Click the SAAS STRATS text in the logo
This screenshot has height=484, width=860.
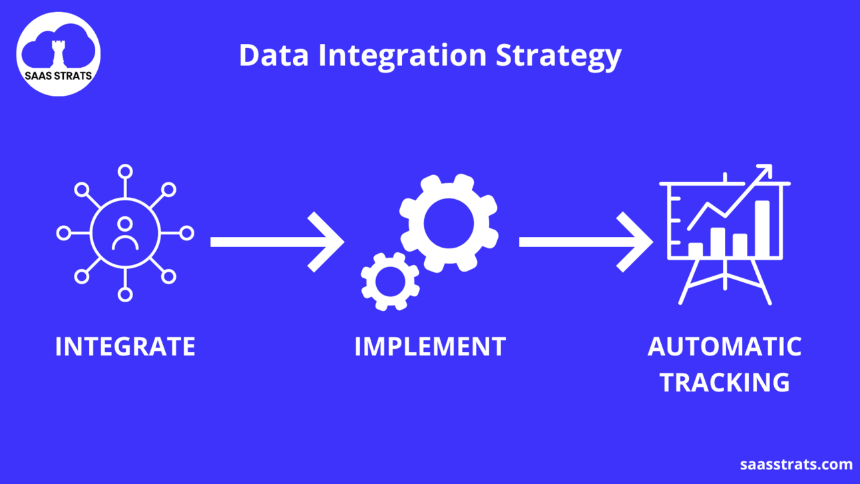[59, 76]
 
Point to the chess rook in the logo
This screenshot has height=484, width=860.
[59, 53]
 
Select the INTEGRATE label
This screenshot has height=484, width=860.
[125, 347]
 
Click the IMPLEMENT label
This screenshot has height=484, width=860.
[430, 347]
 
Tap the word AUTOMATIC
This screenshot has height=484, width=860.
[724, 347]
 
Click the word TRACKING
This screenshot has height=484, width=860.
[724, 383]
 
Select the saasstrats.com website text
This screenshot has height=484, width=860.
[796, 464]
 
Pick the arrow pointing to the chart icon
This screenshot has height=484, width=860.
[586, 242]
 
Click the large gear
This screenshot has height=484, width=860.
[449, 223]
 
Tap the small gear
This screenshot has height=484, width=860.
[390, 281]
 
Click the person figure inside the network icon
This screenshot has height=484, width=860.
[125, 234]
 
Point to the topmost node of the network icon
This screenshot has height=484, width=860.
[125, 172]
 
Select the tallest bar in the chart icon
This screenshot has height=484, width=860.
[762, 228]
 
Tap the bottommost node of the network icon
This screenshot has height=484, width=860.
[125, 294]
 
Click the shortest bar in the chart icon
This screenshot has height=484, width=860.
[696, 250]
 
